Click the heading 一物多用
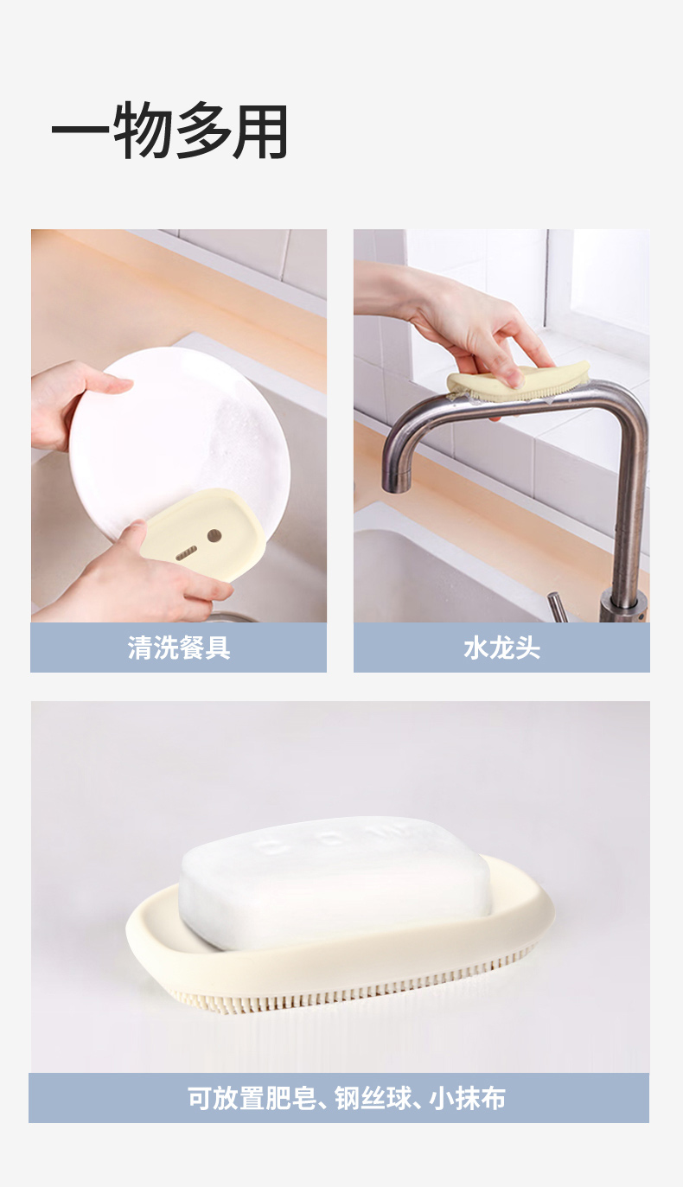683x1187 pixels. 169,131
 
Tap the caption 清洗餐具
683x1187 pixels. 179,648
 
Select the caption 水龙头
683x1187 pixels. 501,648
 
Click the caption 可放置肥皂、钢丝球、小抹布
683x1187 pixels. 347,1099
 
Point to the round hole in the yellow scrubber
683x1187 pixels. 214,536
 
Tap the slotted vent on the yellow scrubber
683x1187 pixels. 186,553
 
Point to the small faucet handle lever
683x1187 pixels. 558,607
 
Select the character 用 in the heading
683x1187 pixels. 259,131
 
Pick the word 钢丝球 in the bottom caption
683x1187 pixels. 373,1099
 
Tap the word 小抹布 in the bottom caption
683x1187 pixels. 468,1099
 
